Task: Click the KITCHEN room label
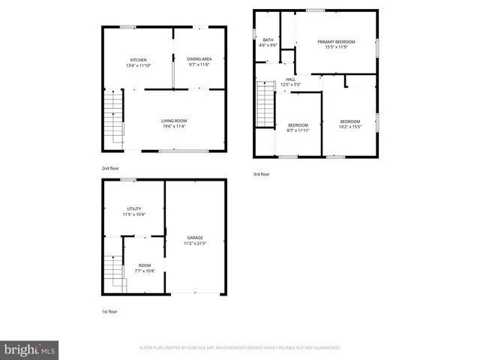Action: pyautogui.click(x=139, y=60)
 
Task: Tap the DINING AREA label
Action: pyautogui.click(x=199, y=58)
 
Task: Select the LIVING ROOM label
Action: pyautogui.click(x=174, y=121)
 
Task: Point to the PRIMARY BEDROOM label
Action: pyautogui.click(x=336, y=42)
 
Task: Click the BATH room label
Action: pyautogui.click(x=268, y=40)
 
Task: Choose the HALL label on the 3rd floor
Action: pyautogui.click(x=290, y=79)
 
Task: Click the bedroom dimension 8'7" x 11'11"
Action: pyautogui.click(x=298, y=130)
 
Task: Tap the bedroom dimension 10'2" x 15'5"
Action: pyautogui.click(x=349, y=127)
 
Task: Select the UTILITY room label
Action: pyautogui.click(x=134, y=209)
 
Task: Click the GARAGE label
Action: pyautogui.click(x=195, y=237)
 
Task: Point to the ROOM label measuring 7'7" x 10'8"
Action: pyautogui.click(x=144, y=265)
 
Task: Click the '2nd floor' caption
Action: pyautogui.click(x=110, y=168)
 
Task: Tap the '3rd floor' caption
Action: pyautogui.click(x=261, y=174)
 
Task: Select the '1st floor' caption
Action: pyautogui.click(x=109, y=311)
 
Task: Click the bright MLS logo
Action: pyautogui.click(x=30, y=349)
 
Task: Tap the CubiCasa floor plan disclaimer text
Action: pyautogui.click(x=240, y=348)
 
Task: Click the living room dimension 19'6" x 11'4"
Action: pyautogui.click(x=174, y=126)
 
